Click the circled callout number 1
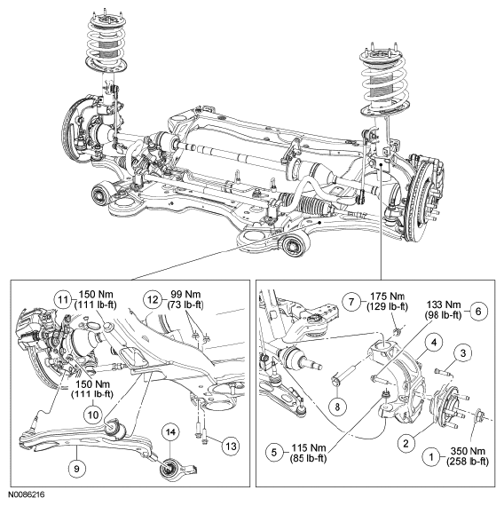pos(431,456)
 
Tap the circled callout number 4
pos(435,343)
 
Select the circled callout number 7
pos(351,302)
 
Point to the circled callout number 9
pos(76,468)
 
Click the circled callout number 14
pos(171,431)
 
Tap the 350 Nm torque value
pos(468,451)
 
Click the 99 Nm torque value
pos(184,295)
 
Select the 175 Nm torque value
pos(387,296)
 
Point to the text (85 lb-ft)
pos(309,458)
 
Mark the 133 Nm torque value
pos(445,304)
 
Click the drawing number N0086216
pos(27,494)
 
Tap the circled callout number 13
pos(231,447)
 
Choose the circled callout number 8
pos(337,407)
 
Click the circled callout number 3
pos(463,353)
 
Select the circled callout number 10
pos(93,415)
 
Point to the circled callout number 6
pos(478,311)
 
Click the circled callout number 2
pos(406,443)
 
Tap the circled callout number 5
pos(274,452)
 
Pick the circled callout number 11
pos(63,300)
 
